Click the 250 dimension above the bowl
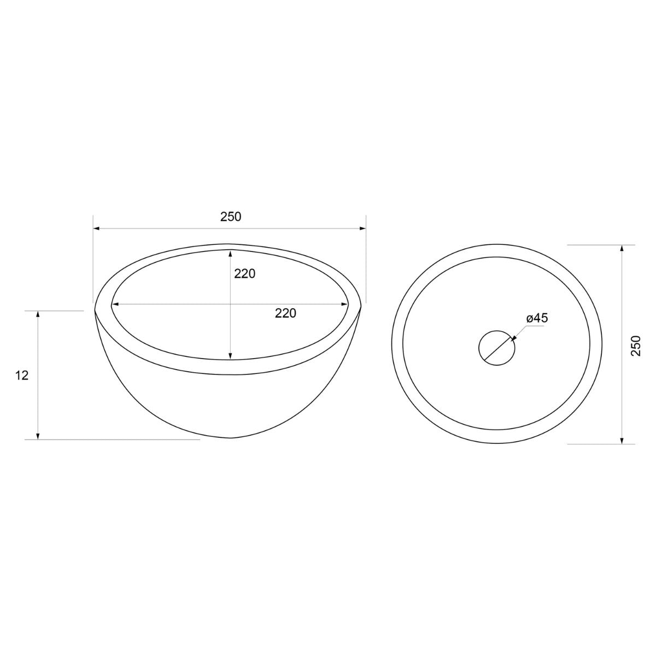click(231, 217)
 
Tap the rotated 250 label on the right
click(636, 345)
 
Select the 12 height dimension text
click(22, 376)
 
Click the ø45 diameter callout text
click(537, 318)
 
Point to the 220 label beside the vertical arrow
click(245, 273)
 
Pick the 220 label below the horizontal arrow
click(285, 313)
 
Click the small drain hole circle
click(497, 348)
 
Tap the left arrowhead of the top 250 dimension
click(97, 229)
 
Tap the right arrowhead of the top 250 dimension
click(362, 229)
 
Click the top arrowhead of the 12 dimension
click(38, 314)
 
